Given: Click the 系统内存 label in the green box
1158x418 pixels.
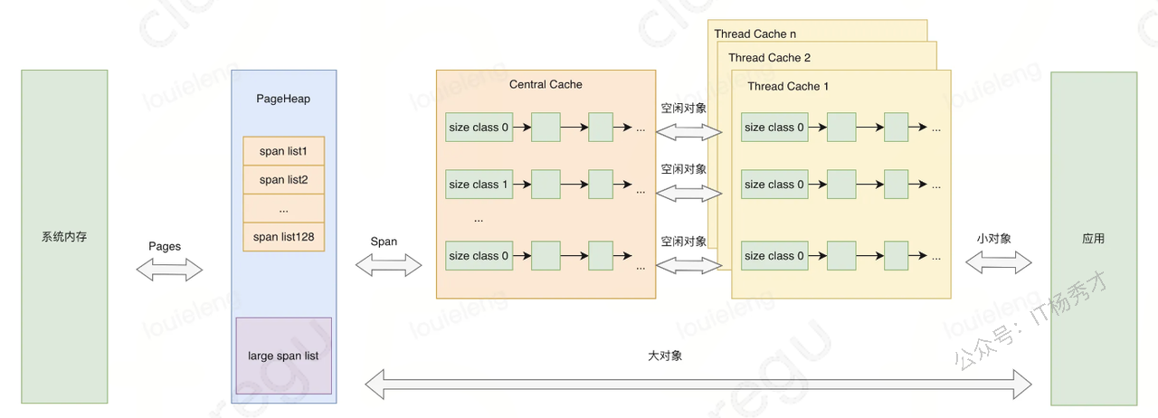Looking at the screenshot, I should pos(64,238).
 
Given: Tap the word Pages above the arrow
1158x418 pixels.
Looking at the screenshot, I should pos(165,246).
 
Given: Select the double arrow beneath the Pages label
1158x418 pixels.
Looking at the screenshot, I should pos(169,269).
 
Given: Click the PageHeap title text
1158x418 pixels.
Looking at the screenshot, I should pos(283,99).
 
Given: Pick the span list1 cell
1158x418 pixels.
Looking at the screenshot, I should pos(284,151).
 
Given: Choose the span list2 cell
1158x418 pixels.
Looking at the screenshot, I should pos(284,180).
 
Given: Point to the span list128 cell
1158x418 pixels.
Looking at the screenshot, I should pos(284,237).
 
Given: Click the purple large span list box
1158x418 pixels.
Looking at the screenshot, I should pos(284,356).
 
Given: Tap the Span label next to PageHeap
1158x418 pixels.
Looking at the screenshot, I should pos(384,242).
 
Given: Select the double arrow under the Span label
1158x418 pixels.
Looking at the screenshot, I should pos(389,265).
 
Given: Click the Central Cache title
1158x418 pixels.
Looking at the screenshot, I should pos(546,84).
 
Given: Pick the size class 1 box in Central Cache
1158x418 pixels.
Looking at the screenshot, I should pos(479,185).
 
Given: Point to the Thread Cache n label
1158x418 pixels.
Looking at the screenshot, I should pos(755,34).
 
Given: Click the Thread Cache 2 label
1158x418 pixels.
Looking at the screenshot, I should pos(769,58).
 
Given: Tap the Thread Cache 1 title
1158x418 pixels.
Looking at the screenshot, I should pos(788,86).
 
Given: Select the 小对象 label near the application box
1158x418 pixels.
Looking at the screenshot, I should pos(993,239).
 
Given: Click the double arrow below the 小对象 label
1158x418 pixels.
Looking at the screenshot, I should pos(998,263).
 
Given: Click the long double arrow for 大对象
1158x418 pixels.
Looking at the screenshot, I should pos(697,384).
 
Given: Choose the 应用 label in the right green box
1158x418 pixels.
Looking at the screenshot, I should pos(1093,239).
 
